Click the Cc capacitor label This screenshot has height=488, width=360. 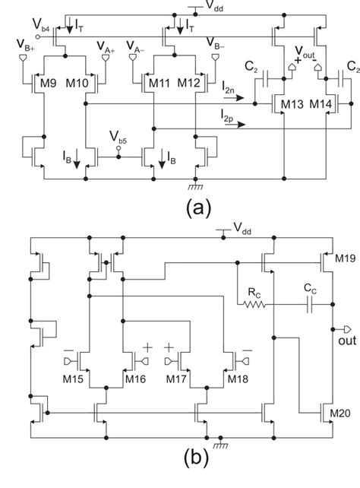coord(312,289)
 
